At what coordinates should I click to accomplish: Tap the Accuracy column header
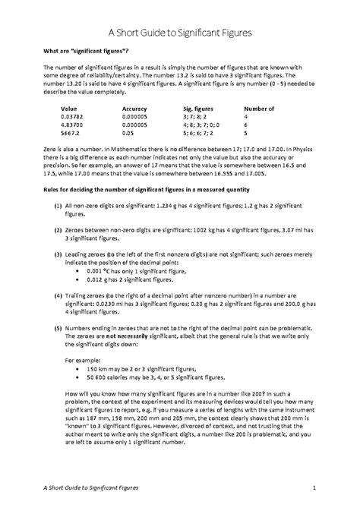pos(134,109)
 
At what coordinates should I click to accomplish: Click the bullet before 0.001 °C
pos(78,270)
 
